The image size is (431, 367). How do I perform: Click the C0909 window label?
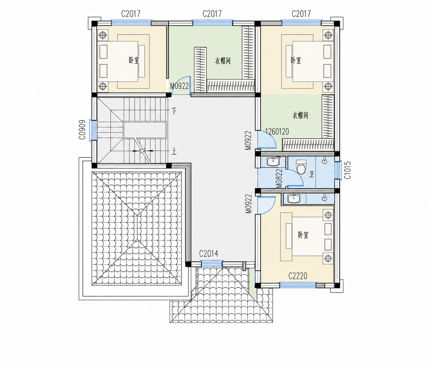click(x=82, y=130)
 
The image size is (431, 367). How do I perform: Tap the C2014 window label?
click(x=208, y=254)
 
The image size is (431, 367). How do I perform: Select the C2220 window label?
click(x=298, y=276)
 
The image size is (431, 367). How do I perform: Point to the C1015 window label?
click(x=347, y=170)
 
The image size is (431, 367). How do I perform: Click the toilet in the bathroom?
click(x=301, y=166)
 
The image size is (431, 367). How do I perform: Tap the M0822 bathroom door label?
click(x=279, y=178)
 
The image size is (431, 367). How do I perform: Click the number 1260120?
click(x=277, y=132)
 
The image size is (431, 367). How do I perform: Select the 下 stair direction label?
click(x=174, y=111)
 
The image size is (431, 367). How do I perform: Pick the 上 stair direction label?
click(x=174, y=151)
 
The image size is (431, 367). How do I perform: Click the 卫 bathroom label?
click(x=311, y=174)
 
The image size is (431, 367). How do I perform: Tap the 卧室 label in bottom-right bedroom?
click(x=303, y=235)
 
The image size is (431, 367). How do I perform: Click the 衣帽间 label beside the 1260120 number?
click(x=300, y=115)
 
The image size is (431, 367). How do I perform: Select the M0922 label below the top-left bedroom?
click(x=179, y=86)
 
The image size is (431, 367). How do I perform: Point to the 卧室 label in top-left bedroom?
click(x=134, y=61)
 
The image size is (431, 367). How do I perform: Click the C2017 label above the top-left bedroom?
click(x=131, y=14)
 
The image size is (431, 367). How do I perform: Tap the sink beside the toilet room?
click(x=273, y=161)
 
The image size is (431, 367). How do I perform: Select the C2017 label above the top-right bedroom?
click(x=301, y=14)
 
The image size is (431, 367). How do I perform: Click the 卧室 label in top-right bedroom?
click(x=296, y=61)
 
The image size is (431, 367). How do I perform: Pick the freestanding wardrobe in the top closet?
click(x=200, y=70)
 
